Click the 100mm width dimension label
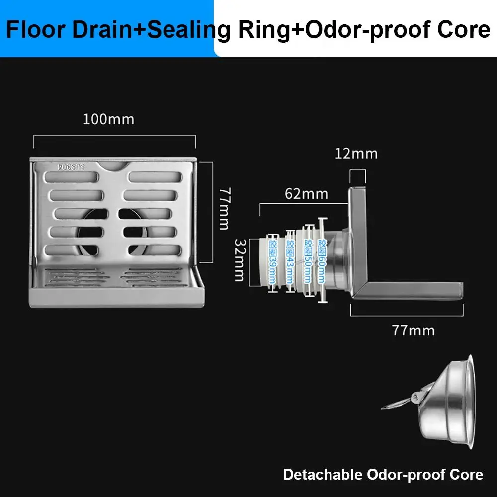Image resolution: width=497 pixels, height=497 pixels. (108, 120)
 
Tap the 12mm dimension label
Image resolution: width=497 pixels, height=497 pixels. (356, 153)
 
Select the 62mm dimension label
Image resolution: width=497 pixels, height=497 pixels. (306, 193)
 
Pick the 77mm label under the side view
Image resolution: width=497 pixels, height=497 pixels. (413, 330)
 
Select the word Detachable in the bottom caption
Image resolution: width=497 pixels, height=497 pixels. (323, 475)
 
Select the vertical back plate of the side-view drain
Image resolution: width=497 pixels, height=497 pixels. (357, 234)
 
